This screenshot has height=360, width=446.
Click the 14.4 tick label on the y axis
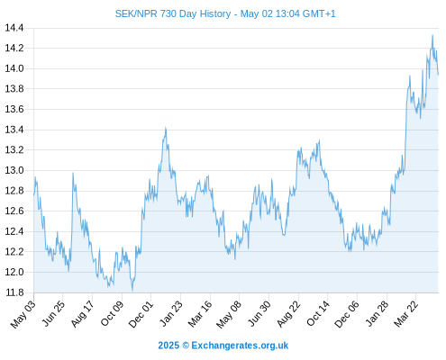14,28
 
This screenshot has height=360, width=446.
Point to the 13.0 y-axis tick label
14,170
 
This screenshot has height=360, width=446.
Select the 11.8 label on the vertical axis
14,292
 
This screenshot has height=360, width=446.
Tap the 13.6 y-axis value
14,109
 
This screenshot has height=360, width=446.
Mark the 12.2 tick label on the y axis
14,252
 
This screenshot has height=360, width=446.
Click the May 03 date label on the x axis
23,314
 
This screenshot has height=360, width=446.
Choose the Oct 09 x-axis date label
112,313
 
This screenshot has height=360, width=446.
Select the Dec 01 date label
141,314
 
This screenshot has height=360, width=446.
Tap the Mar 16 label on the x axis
200,314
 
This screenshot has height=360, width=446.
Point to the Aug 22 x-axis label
288,314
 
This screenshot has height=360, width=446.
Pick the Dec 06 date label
347,314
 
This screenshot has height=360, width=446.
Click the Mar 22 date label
406,314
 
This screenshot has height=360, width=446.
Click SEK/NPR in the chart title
136,13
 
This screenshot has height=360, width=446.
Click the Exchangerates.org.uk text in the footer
240,346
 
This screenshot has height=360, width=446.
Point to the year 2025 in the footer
168,346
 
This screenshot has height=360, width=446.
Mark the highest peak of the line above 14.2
432,35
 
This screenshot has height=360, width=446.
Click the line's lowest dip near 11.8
132,291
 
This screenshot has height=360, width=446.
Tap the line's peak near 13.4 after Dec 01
166,128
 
